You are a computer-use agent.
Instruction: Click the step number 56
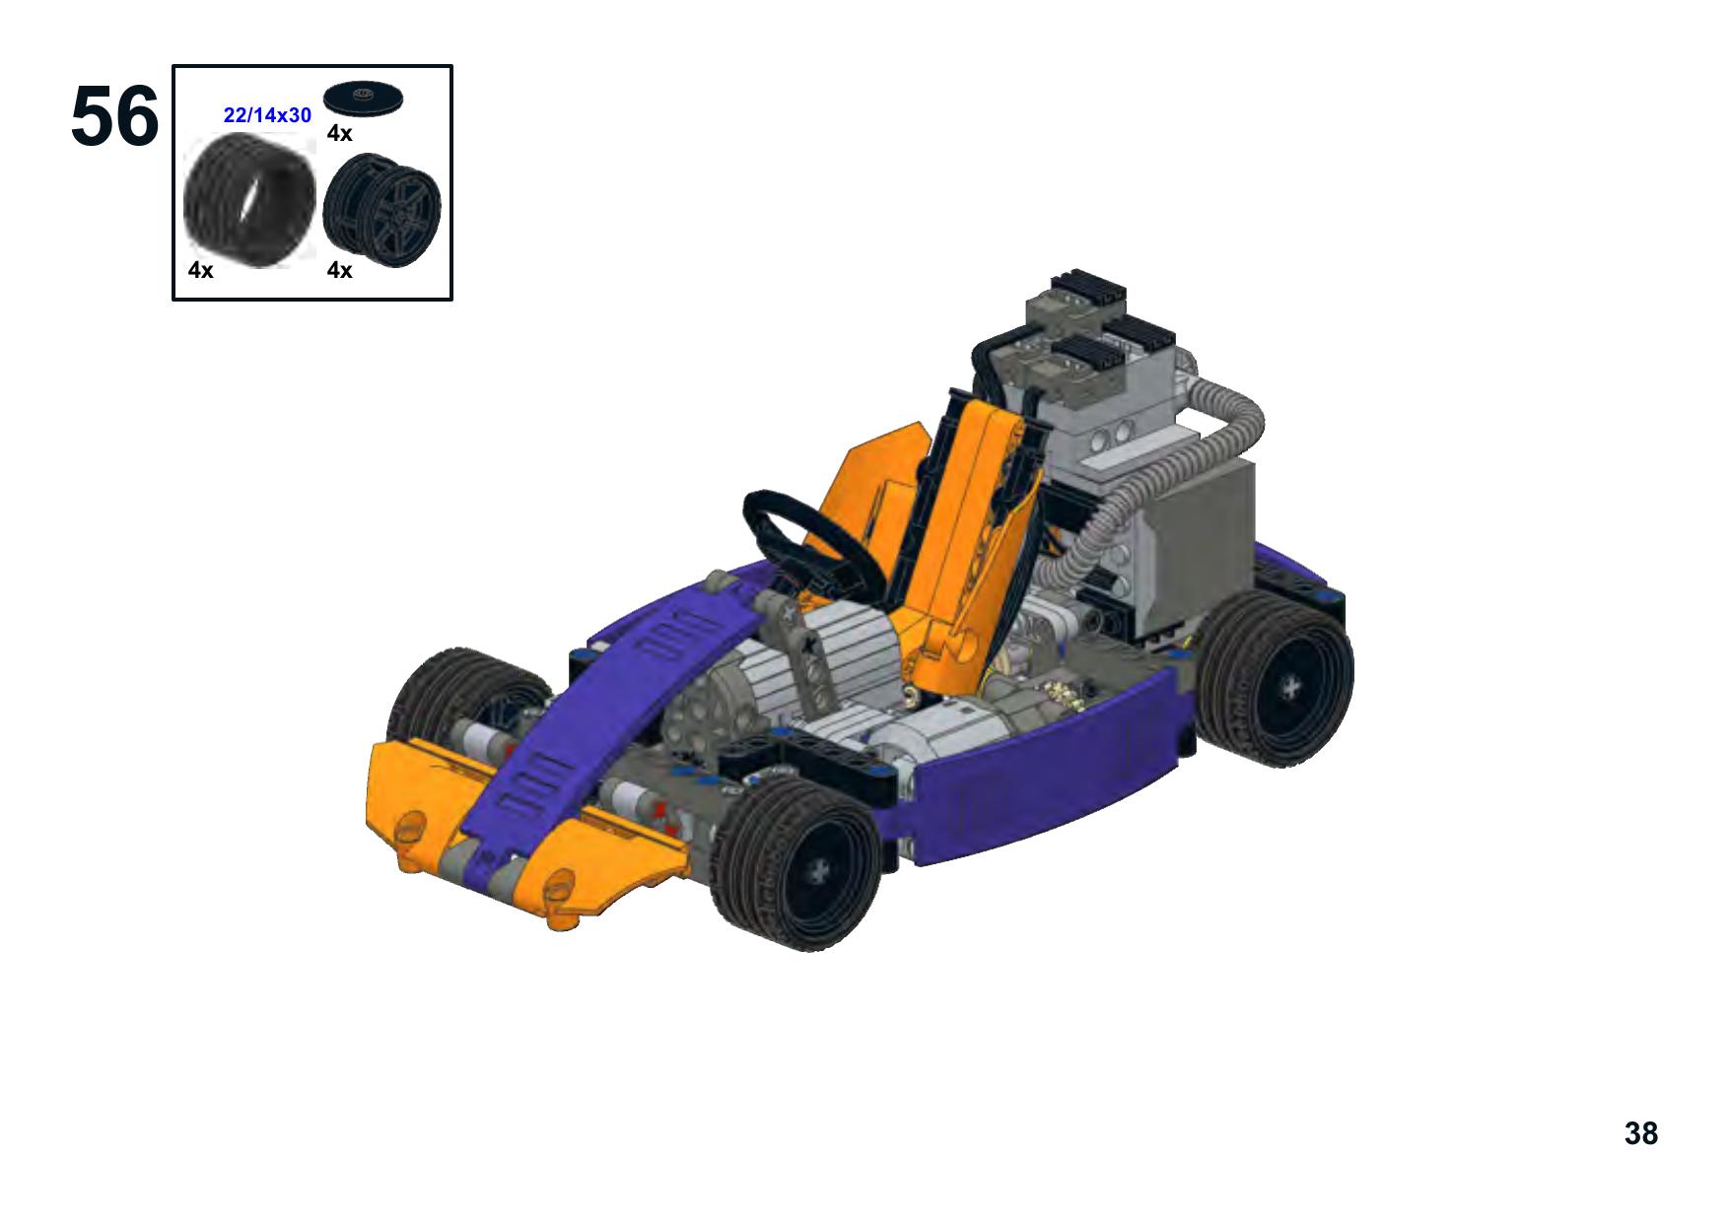tap(114, 116)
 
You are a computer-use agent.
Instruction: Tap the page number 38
tap(1641, 1133)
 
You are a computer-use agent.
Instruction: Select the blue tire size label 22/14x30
tap(267, 115)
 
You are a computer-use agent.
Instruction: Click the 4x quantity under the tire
tap(200, 270)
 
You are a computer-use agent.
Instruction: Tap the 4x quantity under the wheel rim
tap(339, 270)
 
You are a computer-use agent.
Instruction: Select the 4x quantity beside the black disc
tap(339, 133)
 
